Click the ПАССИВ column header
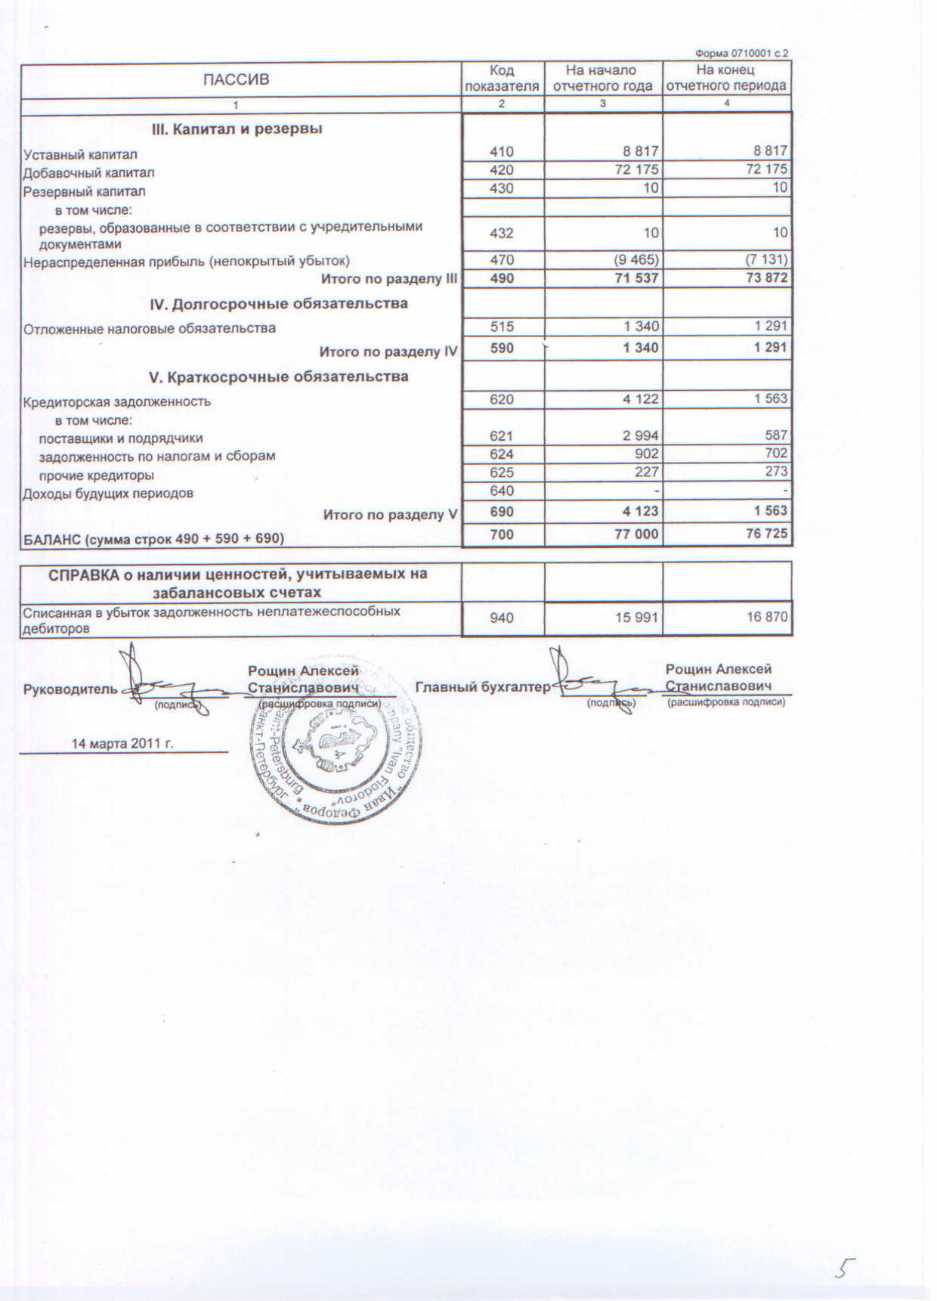[x=236, y=79]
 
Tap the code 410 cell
[x=502, y=151]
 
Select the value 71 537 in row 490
[x=636, y=278]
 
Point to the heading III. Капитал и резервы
[x=237, y=129]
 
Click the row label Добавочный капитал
[x=89, y=173]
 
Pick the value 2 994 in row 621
[x=640, y=435]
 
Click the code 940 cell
[x=502, y=618]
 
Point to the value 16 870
[x=767, y=618]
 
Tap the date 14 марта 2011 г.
[x=122, y=743]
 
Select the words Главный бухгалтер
[x=483, y=687]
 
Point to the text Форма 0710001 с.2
[x=741, y=54]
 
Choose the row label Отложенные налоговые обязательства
[x=150, y=329]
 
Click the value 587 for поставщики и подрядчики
[x=775, y=435]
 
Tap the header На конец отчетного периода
[x=726, y=78]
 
